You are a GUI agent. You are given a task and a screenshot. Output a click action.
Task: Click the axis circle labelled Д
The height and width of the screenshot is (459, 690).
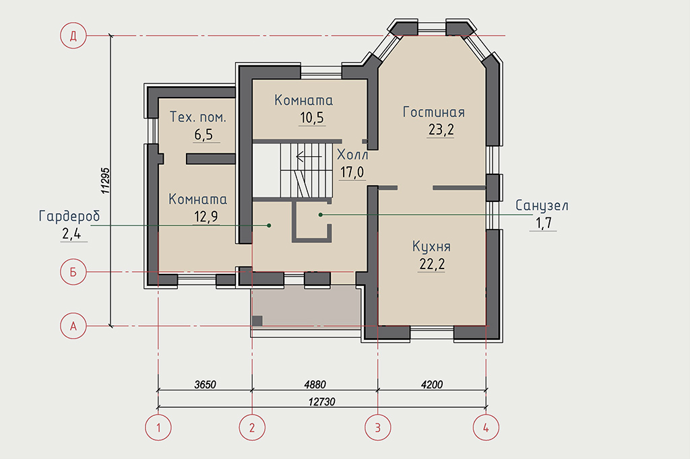point(73,36)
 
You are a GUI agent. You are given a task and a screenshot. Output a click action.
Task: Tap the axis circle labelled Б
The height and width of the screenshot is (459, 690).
point(73,272)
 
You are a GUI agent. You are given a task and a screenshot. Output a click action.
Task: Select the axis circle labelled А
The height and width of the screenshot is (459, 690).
point(73,326)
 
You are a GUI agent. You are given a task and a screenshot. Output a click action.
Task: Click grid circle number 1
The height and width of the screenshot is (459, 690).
point(158,427)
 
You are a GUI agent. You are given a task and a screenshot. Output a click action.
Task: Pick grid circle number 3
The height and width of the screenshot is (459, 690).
point(378,427)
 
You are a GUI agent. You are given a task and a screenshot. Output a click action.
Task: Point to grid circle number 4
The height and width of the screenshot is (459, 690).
point(486,427)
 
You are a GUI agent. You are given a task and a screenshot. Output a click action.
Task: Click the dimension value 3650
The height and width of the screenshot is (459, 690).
point(205,385)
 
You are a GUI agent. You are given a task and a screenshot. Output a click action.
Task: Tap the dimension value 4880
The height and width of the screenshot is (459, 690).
point(315,385)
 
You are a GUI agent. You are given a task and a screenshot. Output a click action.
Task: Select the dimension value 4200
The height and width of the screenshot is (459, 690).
point(432,385)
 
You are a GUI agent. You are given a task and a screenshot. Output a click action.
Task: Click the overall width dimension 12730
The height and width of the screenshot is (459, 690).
point(321,402)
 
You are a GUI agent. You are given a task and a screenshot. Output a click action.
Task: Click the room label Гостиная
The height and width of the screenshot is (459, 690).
point(434,112)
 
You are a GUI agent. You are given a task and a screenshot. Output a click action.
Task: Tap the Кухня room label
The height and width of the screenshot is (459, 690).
point(431,246)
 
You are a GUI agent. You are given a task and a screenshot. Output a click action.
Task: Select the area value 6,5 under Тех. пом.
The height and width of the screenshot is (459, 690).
point(203,135)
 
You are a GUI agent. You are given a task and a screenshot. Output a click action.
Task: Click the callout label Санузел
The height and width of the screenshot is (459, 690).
point(542,205)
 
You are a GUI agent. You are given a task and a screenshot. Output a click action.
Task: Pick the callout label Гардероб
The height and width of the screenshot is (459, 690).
point(69,216)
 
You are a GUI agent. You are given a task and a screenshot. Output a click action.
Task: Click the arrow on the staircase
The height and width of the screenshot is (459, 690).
point(309,157)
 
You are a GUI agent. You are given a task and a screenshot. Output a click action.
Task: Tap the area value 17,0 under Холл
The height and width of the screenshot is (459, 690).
point(352,172)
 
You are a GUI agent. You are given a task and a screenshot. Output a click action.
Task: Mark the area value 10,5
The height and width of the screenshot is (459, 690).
point(312,118)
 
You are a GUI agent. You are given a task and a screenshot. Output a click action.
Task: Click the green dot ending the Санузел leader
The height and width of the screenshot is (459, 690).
point(321,215)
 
